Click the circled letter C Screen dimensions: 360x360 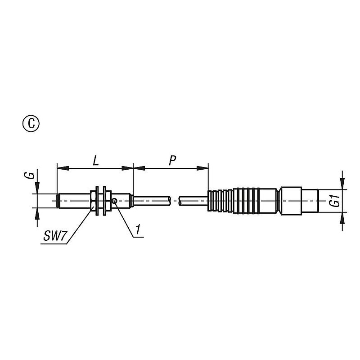click(31, 123)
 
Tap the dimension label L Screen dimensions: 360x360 click(95, 161)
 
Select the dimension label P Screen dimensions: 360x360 click(172, 161)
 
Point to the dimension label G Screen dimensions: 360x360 click(31, 175)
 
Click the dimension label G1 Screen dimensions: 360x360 click(336, 201)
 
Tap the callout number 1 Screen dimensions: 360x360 click(138, 230)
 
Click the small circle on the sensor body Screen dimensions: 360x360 click(115, 201)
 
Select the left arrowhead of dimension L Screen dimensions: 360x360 click(63, 168)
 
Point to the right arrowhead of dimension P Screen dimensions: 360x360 click(202, 168)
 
